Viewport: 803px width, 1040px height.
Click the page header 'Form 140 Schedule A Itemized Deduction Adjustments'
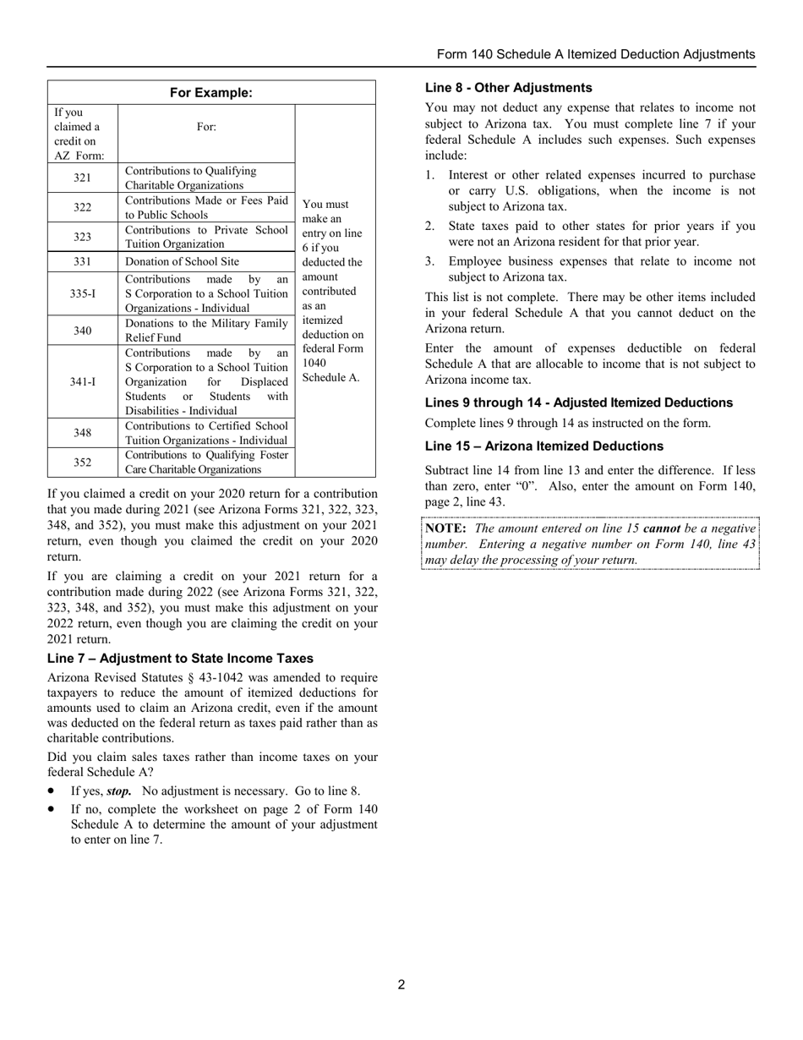coord(596,54)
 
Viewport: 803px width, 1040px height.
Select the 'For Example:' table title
coord(211,93)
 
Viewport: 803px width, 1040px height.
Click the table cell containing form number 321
coord(82,178)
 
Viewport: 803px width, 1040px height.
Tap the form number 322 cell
coord(82,208)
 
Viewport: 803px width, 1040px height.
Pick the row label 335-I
coord(82,293)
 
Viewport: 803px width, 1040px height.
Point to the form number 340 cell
coord(82,331)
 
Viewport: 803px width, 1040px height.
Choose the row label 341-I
coord(82,382)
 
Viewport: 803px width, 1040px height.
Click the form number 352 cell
coord(82,463)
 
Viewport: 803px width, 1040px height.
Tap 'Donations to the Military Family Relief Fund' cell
coord(206,331)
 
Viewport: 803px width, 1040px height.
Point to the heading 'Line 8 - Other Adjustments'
coord(508,88)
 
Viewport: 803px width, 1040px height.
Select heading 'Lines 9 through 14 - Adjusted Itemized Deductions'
coord(579,402)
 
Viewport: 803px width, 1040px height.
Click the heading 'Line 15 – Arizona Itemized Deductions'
coord(545,446)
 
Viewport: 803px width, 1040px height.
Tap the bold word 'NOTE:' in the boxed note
coord(445,528)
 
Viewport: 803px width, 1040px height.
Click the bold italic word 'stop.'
coord(118,791)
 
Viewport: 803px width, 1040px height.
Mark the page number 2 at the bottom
coord(401,984)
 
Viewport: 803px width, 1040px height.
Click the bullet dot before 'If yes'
coord(53,791)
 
